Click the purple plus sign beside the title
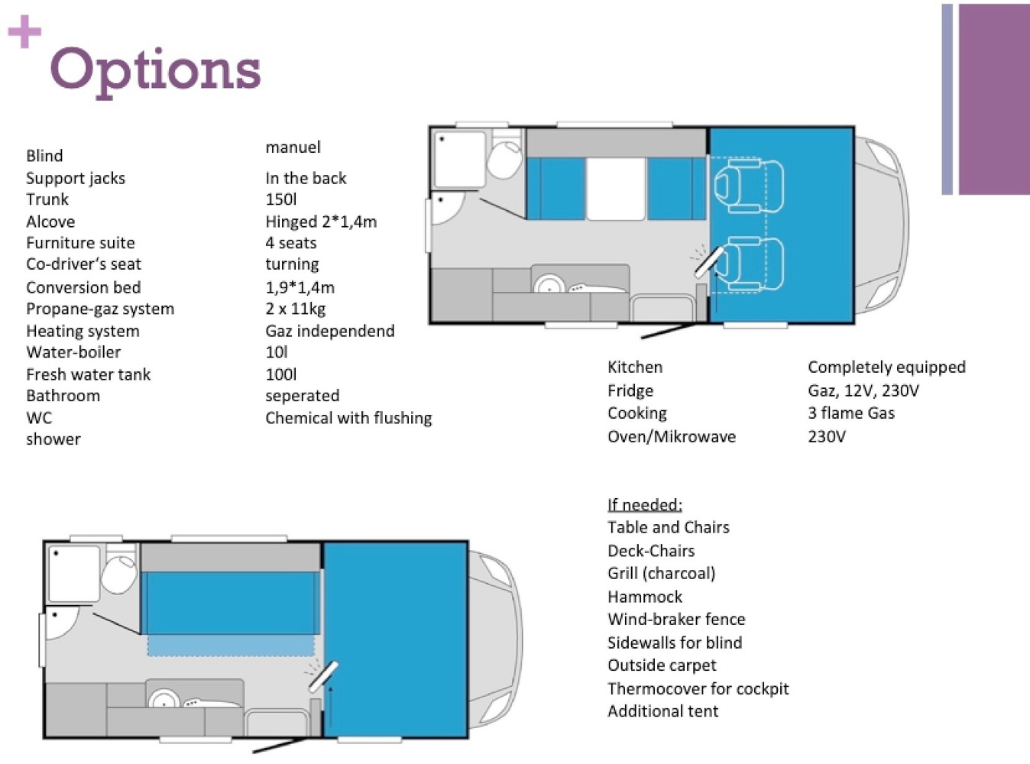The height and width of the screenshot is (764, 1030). [24, 31]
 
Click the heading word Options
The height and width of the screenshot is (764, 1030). [156, 72]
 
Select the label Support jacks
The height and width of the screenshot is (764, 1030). [76, 178]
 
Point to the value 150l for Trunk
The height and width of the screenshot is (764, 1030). [281, 199]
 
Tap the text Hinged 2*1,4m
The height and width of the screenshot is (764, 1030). [321, 222]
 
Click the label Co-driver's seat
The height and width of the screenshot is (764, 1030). [83, 264]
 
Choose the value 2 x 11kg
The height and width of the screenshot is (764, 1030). [296, 309]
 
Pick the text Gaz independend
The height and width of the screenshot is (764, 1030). [330, 331]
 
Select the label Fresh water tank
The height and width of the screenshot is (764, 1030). [88, 374]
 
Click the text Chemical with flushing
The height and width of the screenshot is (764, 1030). [348, 418]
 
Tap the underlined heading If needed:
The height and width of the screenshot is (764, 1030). [645, 505]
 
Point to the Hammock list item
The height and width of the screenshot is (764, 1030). [645, 597]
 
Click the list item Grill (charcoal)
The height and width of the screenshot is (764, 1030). [661, 574]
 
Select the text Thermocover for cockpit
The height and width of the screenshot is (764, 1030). [698, 688]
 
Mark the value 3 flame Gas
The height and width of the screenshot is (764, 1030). [851, 413]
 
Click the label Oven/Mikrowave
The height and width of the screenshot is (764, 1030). [672, 436]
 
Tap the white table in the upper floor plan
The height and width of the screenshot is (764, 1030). [616, 189]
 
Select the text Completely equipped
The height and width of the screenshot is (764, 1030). [886, 367]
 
